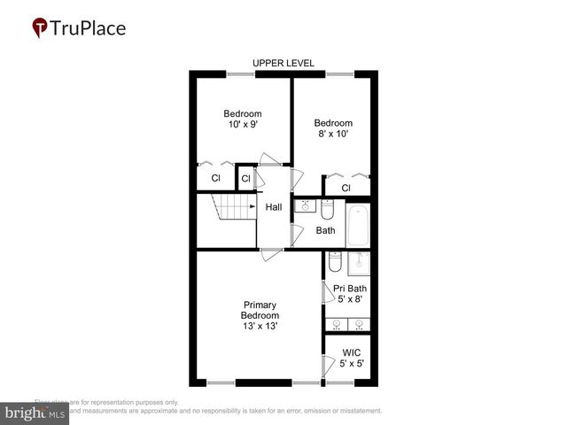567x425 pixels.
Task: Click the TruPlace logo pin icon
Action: (x=41, y=28)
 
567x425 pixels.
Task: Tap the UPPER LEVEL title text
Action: (x=283, y=64)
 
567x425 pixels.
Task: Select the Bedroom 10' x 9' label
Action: (x=242, y=120)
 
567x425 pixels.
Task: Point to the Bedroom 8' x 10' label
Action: (x=333, y=128)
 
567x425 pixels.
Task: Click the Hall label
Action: (x=274, y=207)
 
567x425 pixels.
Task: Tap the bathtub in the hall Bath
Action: (x=358, y=226)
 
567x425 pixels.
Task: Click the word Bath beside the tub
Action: (x=326, y=231)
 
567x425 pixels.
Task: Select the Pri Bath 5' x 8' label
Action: (x=350, y=294)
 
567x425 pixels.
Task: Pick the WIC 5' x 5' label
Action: (x=351, y=358)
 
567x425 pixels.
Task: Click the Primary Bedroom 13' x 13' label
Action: (x=260, y=315)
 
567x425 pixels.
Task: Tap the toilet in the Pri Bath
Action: (x=335, y=262)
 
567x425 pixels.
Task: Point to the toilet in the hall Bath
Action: (x=327, y=210)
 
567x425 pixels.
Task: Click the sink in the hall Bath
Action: (x=304, y=205)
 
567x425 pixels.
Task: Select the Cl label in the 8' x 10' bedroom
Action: (x=346, y=188)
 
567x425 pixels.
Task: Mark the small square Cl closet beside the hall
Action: (x=246, y=179)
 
